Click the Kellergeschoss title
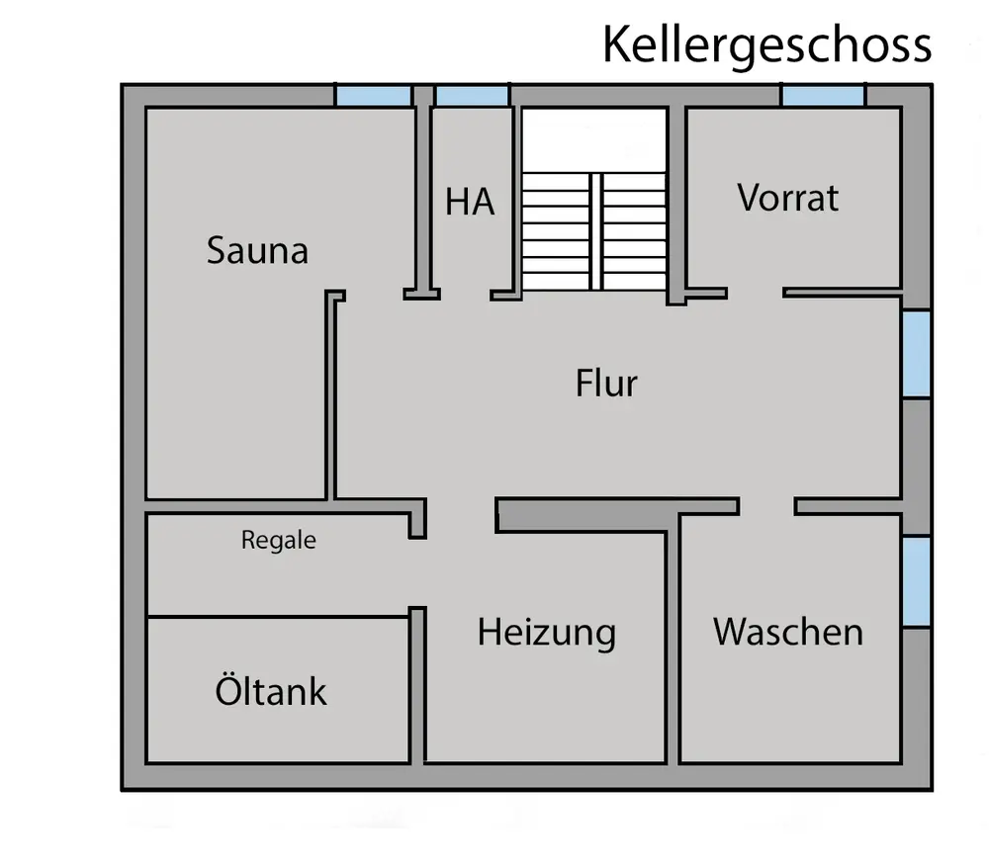click(x=766, y=44)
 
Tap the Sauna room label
click(x=257, y=250)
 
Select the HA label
click(x=470, y=202)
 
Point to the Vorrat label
click(x=788, y=198)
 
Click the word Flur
click(x=606, y=383)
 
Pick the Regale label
click(x=279, y=541)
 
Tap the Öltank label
click(x=270, y=691)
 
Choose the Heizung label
click(x=546, y=632)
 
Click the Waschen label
click(x=788, y=631)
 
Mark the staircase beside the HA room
click(x=594, y=230)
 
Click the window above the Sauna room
click(x=373, y=96)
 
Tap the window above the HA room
click(x=472, y=96)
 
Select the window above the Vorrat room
click(x=823, y=96)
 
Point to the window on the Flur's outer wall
click(x=917, y=355)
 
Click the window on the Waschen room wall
click(x=917, y=581)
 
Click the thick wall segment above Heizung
click(x=615, y=514)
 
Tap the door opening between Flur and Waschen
click(x=766, y=506)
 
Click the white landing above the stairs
click(x=594, y=139)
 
